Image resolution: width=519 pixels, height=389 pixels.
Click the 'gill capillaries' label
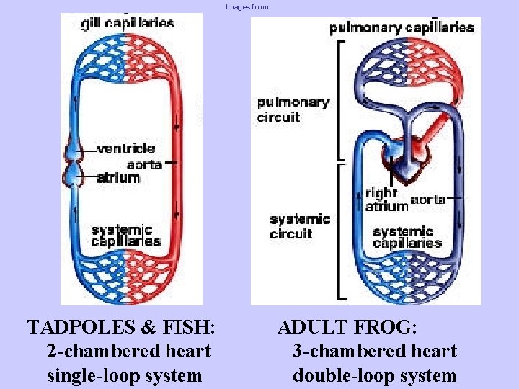coord(127,23)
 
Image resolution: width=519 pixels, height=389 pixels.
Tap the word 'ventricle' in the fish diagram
coord(125,149)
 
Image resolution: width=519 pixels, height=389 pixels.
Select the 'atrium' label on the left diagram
coord(118,177)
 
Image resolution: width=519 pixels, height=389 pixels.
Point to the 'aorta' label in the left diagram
coord(143,164)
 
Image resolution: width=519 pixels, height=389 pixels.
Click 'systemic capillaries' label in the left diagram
coord(125,236)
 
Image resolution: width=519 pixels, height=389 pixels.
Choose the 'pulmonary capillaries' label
coord(402,28)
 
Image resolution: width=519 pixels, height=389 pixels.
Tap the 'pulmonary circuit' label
coord(293,109)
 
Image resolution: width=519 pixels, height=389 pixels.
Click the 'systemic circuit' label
coord(300,226)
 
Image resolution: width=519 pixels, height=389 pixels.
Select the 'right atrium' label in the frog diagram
coord(386,200)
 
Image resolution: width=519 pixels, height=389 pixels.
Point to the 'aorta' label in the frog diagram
coord(427,200)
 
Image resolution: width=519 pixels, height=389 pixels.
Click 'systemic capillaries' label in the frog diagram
coord(407,237)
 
